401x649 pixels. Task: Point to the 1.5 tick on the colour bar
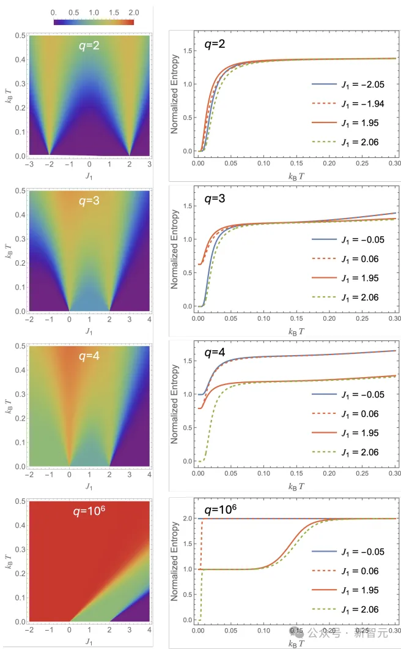(114, 12)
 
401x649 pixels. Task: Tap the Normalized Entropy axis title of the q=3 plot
(175, 249)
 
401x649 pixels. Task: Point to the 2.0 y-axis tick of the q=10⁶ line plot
(188, 519)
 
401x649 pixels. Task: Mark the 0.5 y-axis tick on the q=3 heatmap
(20, 191)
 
